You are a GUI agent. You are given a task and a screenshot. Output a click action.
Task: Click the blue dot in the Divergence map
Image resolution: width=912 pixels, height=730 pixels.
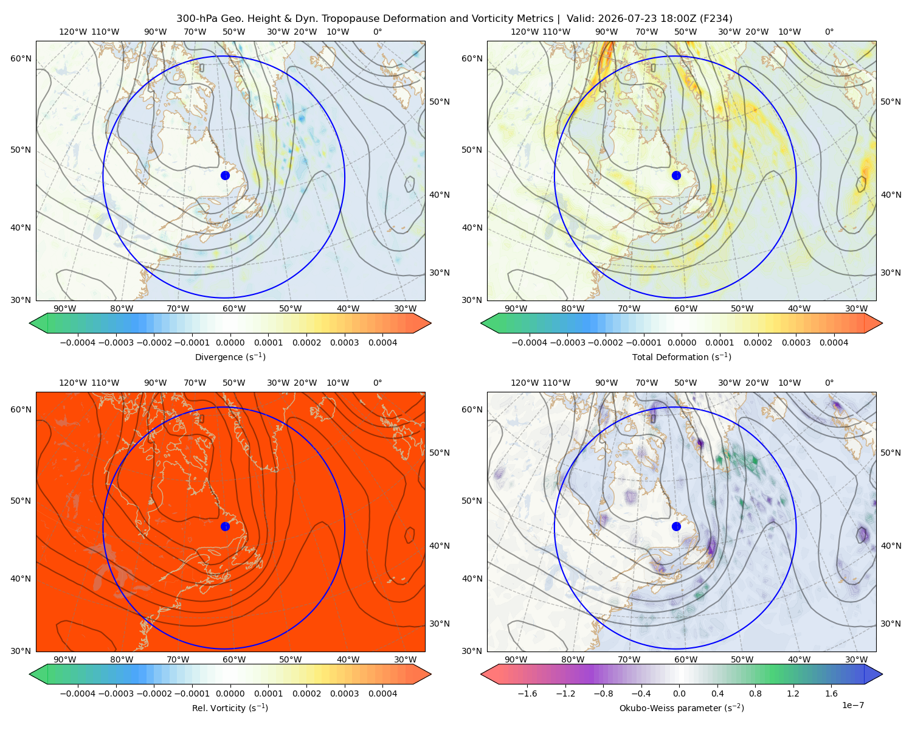225,175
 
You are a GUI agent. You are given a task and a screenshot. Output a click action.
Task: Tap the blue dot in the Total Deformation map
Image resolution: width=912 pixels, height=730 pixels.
676,175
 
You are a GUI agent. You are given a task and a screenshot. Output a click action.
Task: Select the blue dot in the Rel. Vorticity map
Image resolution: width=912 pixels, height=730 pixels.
225,526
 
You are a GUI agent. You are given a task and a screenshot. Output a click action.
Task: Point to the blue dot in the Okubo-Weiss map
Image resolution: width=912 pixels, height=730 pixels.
676,526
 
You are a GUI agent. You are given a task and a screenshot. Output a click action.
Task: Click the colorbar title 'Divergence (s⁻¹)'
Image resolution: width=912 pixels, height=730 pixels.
230,356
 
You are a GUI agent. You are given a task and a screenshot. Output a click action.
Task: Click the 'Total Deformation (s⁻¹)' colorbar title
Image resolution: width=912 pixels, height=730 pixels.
682,356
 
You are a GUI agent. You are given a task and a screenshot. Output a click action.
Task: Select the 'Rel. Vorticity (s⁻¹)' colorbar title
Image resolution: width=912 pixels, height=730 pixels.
230,707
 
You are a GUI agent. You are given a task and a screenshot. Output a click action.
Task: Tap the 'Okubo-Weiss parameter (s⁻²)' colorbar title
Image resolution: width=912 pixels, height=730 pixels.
682,707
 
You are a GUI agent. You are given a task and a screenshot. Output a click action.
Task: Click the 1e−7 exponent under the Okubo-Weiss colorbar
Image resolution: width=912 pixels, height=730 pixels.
852,705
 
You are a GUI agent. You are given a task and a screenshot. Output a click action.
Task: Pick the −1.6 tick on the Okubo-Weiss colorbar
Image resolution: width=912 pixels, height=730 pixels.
527,693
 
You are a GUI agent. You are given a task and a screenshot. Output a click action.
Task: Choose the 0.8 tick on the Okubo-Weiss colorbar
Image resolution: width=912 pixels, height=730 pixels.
755,693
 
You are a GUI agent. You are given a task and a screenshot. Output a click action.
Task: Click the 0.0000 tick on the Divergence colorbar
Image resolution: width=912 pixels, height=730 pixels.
230,342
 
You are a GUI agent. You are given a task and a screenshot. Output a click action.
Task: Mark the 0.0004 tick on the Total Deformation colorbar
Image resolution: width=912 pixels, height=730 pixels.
834,342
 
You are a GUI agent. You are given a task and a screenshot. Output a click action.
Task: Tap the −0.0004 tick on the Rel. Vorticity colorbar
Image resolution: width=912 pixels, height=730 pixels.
78,693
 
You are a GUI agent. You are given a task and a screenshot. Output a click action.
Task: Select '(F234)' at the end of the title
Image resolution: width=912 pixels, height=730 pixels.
716,19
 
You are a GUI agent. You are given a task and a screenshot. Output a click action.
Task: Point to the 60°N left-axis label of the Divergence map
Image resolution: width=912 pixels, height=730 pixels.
21,58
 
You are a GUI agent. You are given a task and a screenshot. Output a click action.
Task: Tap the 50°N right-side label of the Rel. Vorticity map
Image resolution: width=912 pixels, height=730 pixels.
440,453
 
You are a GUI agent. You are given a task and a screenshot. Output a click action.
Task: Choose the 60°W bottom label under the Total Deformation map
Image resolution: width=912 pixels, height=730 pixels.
686,308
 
